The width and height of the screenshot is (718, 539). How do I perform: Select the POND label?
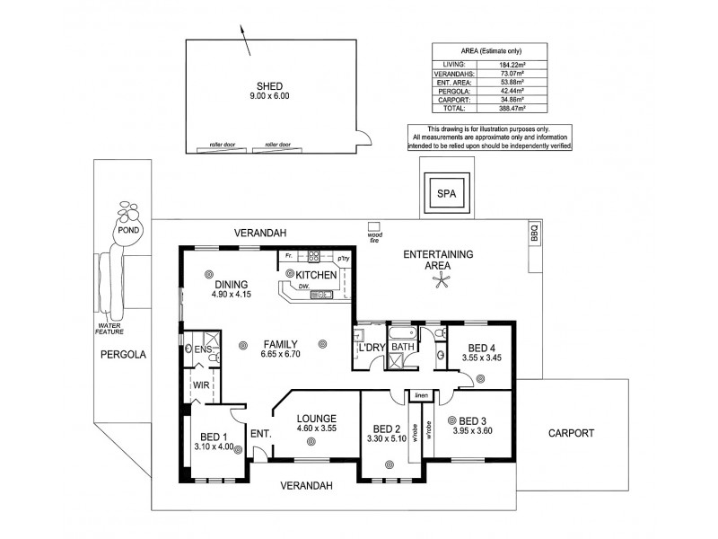click(128, 230)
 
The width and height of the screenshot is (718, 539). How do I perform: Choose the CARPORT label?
click(571, 432)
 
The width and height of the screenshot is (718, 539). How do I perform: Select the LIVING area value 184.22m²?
click(537, 64)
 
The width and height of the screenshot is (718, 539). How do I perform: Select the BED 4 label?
click(482, 348)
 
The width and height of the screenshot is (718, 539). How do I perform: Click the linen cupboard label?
click(420, 394)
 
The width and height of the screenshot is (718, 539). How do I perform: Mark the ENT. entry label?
click(260, 434)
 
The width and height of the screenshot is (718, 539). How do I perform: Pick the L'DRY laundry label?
click(371, 348)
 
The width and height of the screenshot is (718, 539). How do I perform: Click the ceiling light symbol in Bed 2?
click(390, 464)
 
